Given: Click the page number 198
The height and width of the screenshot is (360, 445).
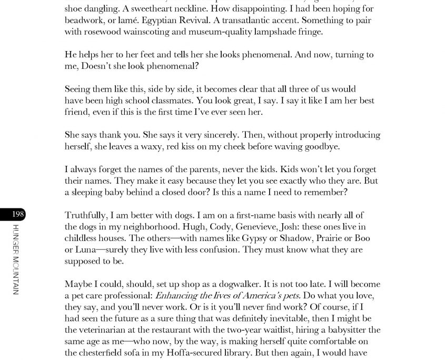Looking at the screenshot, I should [x=18, y=214].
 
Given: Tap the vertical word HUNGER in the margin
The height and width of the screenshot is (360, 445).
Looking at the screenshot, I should [x=16, y=240].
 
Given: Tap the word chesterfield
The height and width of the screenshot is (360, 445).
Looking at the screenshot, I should [x=104, y=353].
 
